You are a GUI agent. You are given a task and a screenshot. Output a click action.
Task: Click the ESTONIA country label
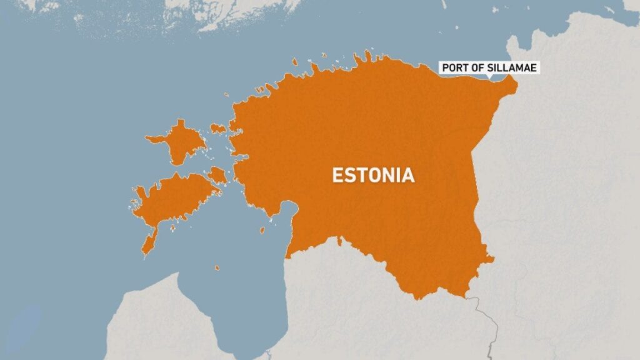[373, 175]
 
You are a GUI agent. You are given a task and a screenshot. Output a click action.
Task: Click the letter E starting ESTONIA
[336, 175]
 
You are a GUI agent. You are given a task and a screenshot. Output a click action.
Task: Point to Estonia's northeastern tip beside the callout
[514, 84]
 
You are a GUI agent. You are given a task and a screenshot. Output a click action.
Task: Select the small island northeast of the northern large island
[217, 128]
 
